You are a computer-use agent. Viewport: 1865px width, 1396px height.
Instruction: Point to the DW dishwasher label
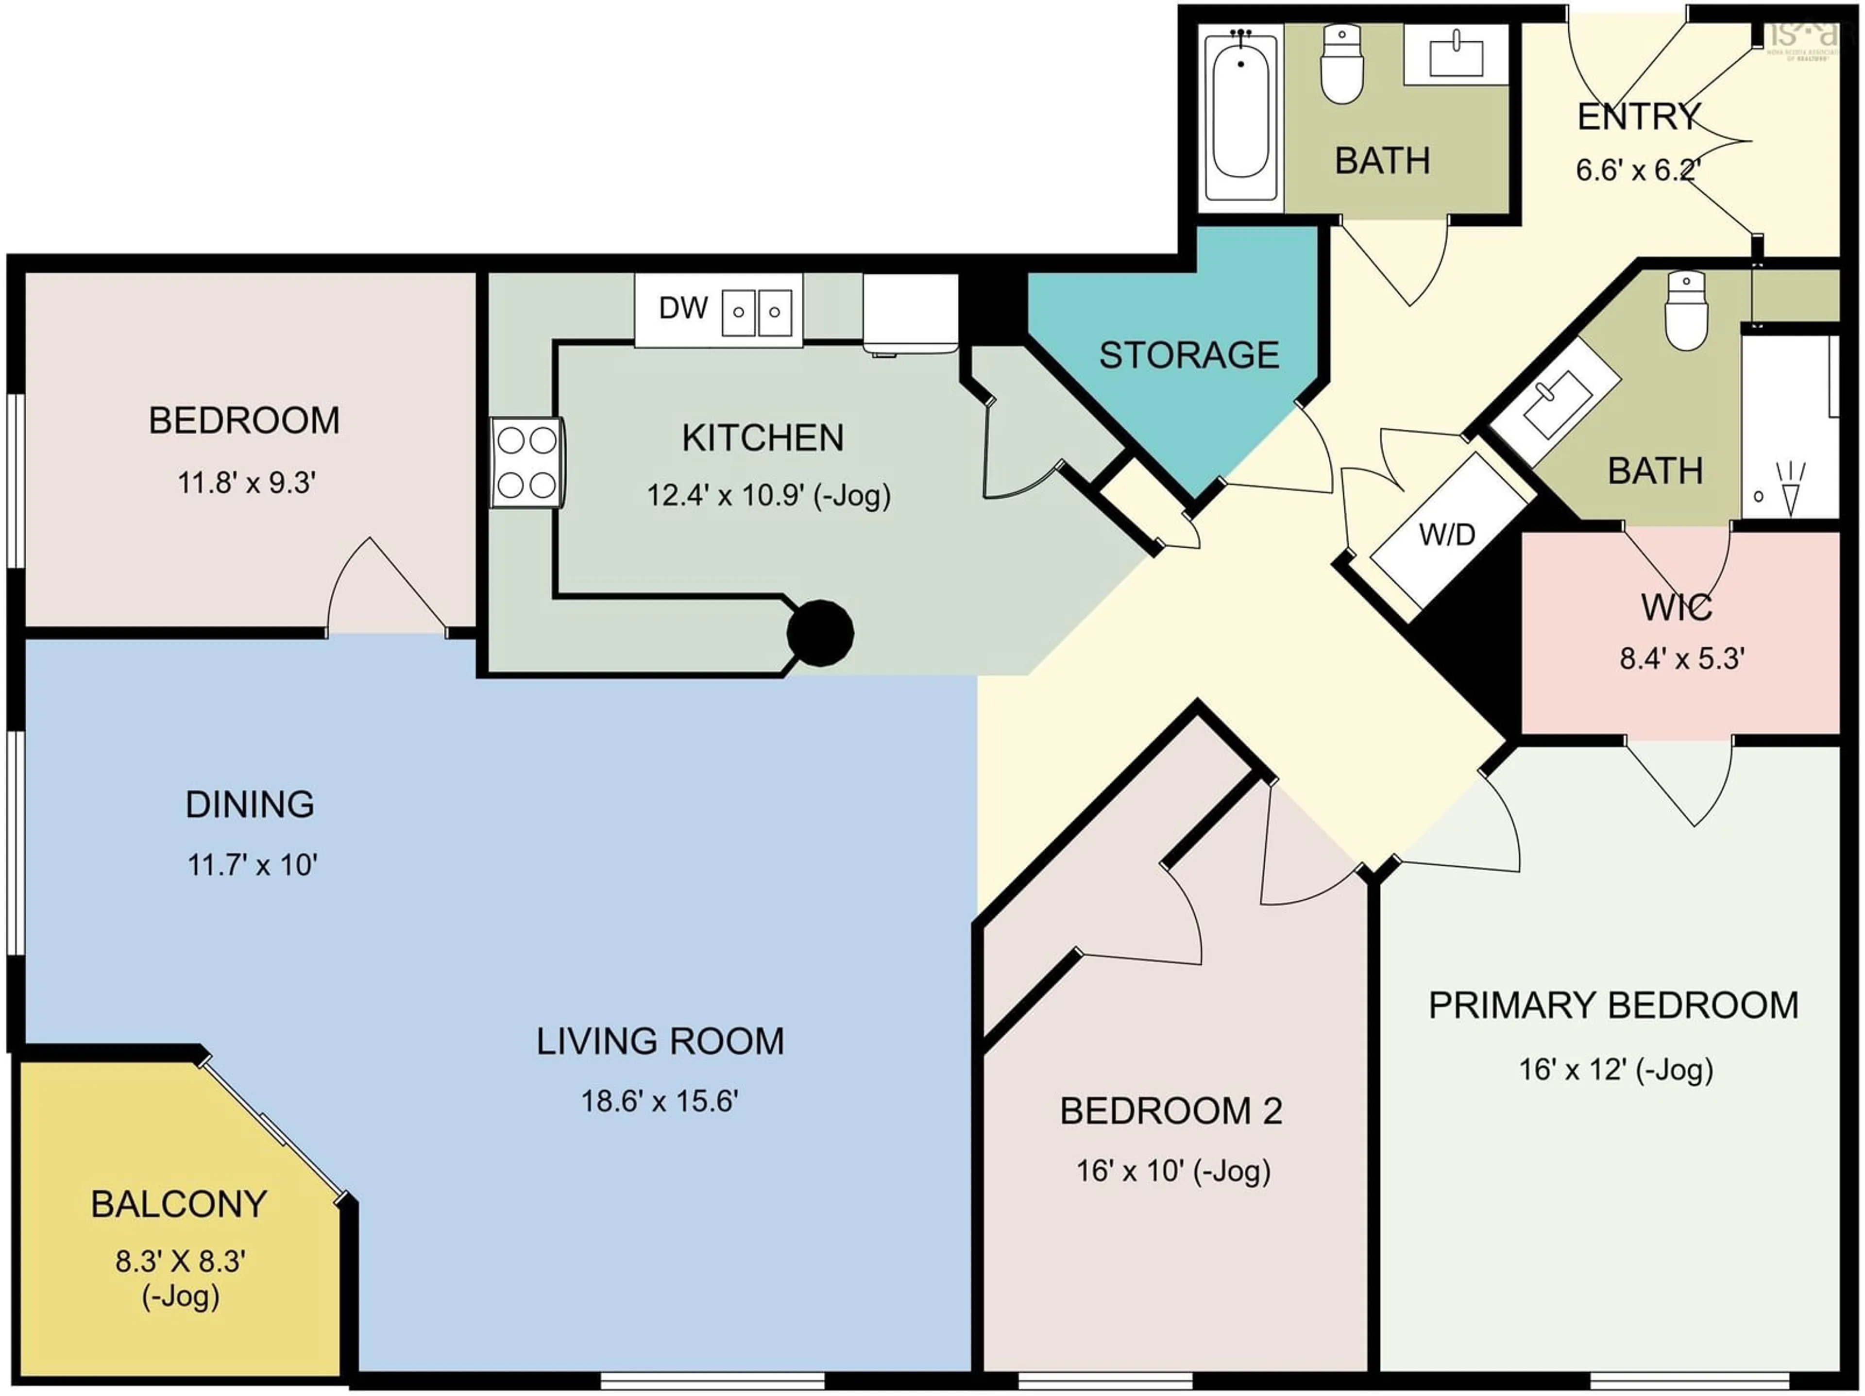coord(683,308)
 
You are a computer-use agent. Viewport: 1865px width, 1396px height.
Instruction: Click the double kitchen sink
coord(756,312)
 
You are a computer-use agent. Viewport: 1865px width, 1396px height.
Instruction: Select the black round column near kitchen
coord(819,632)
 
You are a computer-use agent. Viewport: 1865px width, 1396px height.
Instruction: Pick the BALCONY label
coord(179,1204)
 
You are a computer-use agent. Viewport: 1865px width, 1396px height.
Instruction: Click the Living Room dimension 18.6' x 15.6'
coord(660,1101)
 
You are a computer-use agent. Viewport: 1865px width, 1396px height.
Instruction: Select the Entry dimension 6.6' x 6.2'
coord(1637,170)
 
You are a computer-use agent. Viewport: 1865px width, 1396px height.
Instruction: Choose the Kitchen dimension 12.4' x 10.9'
coord(768,495)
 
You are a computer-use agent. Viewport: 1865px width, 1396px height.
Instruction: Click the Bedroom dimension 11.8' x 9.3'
coord(246,483)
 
